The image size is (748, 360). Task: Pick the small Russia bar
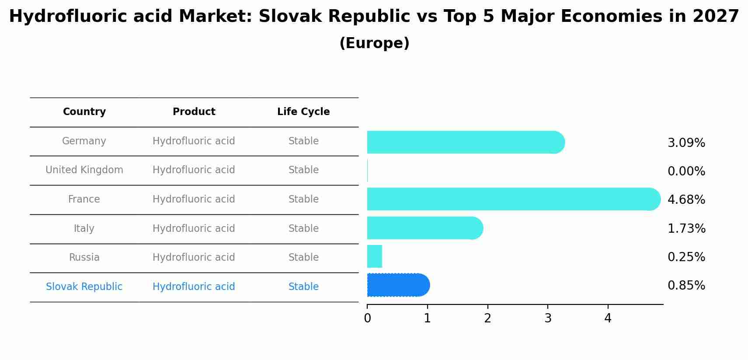[375, 256]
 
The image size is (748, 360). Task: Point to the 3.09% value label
[686, 143]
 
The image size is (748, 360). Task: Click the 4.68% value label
[686, 200]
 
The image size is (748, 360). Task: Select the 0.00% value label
[686, 171]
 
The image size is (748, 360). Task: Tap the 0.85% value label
[686, 286]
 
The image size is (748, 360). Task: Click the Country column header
[84, 112]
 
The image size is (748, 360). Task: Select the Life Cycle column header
[303, 112]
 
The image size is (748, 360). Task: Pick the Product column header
[194, 112]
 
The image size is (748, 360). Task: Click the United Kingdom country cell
[84, 170]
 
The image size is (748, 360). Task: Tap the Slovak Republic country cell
[84, 287]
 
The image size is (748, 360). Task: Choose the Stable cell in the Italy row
[303, 228]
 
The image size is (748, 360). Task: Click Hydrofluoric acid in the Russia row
[194, 258]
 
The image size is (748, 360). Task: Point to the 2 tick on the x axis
[487, 318]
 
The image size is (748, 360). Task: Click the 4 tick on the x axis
[608, 318]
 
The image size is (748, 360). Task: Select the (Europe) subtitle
[374, 43]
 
